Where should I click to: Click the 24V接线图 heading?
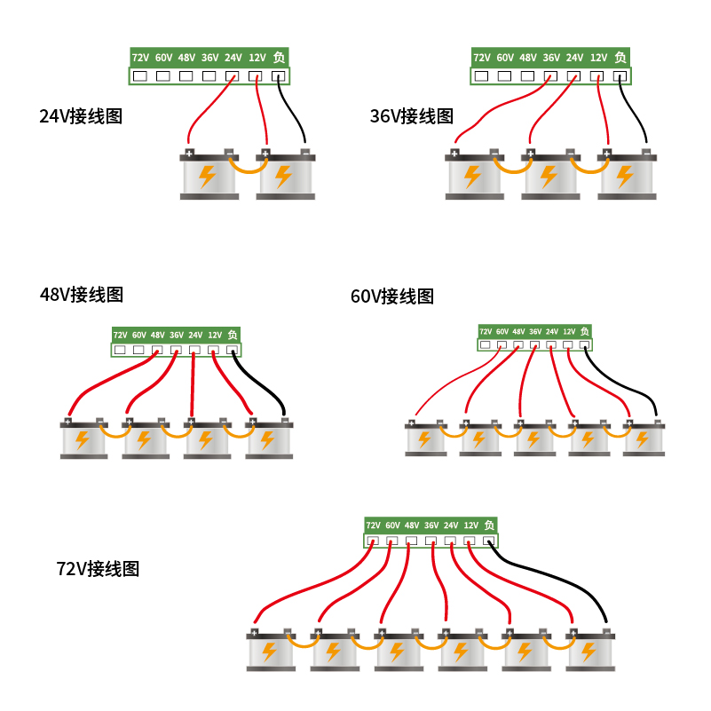tap(81, 116)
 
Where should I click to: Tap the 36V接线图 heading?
tap(412, 116)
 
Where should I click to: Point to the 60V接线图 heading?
tap(392, 296)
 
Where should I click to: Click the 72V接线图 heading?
tap(98, 568)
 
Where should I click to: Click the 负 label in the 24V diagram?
tap(280, 58)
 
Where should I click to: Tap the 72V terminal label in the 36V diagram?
tap(482, 58)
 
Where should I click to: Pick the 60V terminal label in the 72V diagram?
tap(392, 525)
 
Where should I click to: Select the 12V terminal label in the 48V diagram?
tap(214, 336)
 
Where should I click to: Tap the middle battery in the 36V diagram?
tap(549, 175)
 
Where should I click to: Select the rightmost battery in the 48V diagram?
tap(268, 438)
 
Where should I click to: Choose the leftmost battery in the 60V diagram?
tap(425, 438)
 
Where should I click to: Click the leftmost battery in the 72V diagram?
tap(270, 651)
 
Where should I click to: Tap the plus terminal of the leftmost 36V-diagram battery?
tap(454, 154)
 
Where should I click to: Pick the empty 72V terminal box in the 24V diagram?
tap(140, 76)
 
